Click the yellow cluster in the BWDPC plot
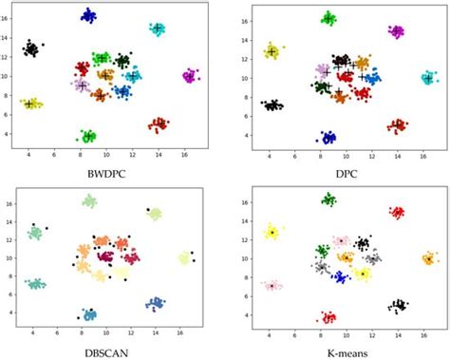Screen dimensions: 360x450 point(31,104)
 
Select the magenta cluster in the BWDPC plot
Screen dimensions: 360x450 point(190,75)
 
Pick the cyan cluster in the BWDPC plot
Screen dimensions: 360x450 point(158,28)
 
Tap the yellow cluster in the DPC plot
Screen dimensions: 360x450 point(272,51)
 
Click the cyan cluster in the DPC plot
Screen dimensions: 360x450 point(429,79)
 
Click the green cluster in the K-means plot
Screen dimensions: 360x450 point(329,199)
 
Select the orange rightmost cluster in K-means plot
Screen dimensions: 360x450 point(430,257)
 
